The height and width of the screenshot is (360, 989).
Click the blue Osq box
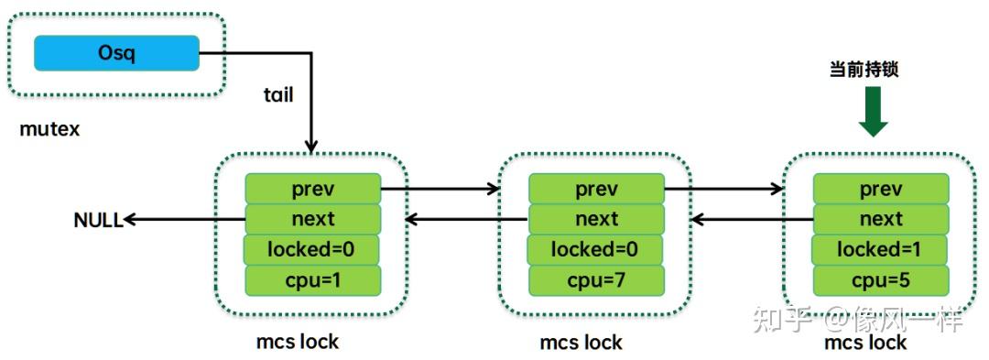tap(116, 53)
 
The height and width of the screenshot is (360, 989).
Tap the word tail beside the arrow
tap(277, 94)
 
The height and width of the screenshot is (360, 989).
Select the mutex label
tap(49, 129)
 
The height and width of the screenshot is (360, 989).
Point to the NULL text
tap(98, 220)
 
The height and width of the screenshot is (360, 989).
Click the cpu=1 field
tap(312, 279)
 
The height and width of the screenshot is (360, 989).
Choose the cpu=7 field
tap(596, 279)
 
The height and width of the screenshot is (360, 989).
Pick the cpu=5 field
tap(881, 279)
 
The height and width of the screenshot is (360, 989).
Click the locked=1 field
tap(881, 249)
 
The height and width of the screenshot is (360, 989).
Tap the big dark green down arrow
tap(873, 113)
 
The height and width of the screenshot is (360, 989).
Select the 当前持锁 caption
tap(864, 70)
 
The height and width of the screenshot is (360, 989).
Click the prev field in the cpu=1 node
tap(312, 189)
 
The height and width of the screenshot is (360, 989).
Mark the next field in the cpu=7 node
tap(596, 219)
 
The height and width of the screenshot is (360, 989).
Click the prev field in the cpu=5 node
tap(881, 189)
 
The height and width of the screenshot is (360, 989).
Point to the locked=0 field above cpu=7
tap(596, 249)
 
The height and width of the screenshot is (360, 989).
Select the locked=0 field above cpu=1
tap(312, 249)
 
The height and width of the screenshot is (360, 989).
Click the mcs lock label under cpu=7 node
tap(581, 344)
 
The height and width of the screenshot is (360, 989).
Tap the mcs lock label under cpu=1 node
tap(298, 342)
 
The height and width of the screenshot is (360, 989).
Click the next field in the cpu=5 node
tap(881, 219)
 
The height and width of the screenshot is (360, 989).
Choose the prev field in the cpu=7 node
tap(596, 189)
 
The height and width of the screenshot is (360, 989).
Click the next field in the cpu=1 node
tap(312, 219)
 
